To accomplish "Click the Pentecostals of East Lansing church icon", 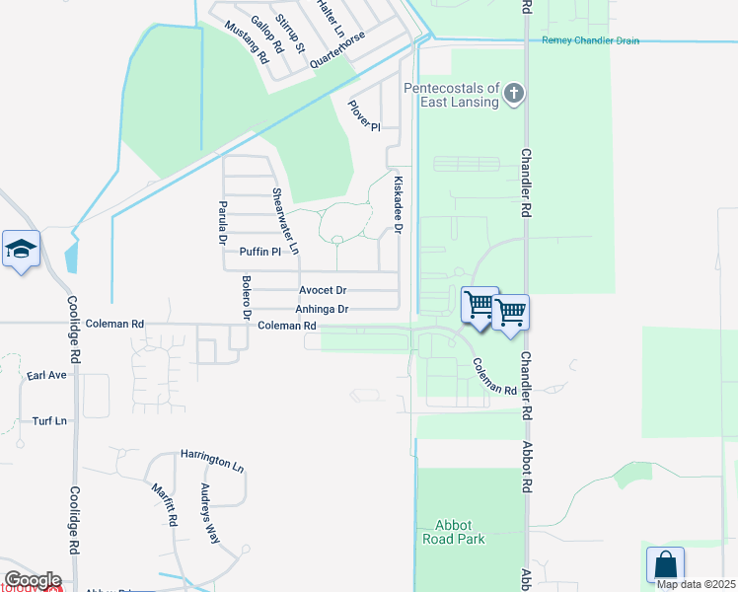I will [x=513, y=95].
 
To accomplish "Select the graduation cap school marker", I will [x=20, y=251].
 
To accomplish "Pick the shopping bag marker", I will [x=665, y=566].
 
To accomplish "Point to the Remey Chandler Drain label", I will [x=590, y=40].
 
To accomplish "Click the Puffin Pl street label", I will [x=260, y=252].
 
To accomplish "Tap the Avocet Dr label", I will [x=323, y=290].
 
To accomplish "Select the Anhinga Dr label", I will [x=323, y=309].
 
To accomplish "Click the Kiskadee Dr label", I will [x=399, y=205].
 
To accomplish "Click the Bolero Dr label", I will [x=247, y=297].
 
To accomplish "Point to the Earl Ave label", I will [x=46, y=376].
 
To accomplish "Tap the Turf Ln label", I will [x=49, y=420].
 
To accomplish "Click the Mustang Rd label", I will [x=247, y=41].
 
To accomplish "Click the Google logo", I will [x=33, y=579].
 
